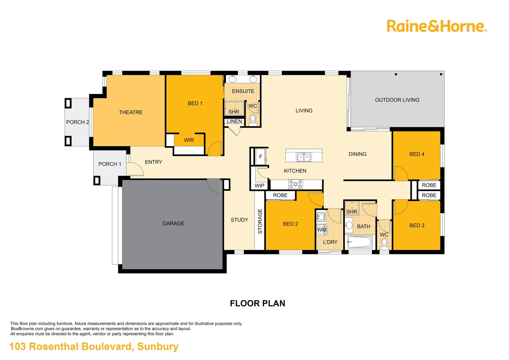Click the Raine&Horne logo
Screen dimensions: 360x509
[x=436, y=26]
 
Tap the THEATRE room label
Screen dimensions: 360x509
[x=131, y=112]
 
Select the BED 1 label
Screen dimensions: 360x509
[x=195, y=103]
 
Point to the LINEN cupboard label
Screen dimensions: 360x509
[x=234, y=121]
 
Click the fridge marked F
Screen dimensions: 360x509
[x=260, y=157]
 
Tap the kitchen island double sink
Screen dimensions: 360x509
[x=304, y=157]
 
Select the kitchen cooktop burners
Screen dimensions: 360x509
[x=295, y=184]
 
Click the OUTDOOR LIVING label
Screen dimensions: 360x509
[x=397, y=100]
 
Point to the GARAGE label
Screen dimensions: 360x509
[x=173, y=223]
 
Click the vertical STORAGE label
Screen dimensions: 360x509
[x=260, y=221]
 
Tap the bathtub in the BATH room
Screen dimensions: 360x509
[x=360, y=242]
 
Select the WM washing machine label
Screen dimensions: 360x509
[x=322, y=230]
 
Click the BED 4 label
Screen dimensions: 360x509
[x=417, y=154]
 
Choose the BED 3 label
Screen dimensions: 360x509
[x=417, y=225]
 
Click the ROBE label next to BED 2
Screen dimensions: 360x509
[x=280, y=195]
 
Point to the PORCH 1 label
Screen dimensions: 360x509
[x=110, y=164]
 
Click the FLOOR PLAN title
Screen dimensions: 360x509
[x=257, y=303]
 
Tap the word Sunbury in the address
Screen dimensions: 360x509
[x=158, y=347]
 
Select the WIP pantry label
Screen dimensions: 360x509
[x=259, y=186]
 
